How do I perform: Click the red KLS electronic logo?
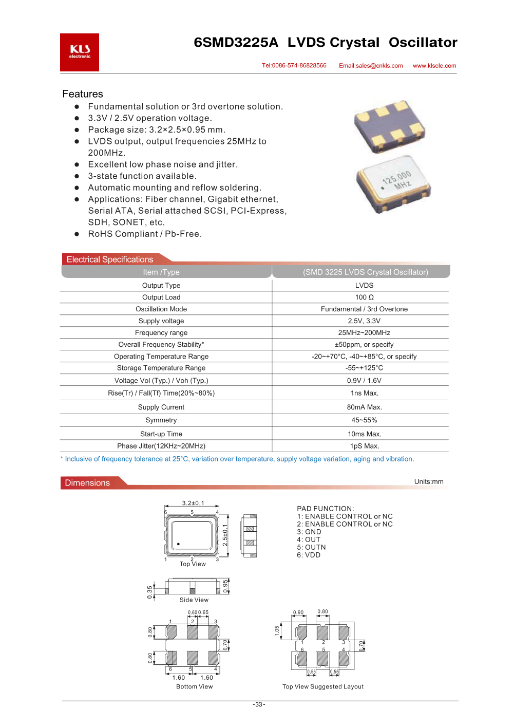[80, 52]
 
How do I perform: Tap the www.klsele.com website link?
[434, 66]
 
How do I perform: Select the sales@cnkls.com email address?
[371, 66]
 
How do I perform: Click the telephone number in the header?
[294, 66]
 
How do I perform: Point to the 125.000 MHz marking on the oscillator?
[397, 180]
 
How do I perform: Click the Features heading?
[83, 94]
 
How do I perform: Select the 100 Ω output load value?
[364, 297]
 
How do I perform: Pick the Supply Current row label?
[161, 407]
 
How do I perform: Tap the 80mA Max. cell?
[364, 407]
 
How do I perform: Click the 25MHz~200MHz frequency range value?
[364, 333]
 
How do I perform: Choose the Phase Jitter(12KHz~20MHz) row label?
[161, 446]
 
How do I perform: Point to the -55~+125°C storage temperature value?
[364, 368]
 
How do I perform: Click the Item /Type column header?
[161, 272]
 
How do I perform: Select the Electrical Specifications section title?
[110, 259]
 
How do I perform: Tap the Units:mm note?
[429, 482]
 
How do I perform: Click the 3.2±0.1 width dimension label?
[193, 504]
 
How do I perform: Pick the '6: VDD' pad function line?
[309, 555]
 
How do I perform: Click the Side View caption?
[194, 600]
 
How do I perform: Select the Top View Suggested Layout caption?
[323, 687]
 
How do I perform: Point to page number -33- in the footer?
[259, 704]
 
